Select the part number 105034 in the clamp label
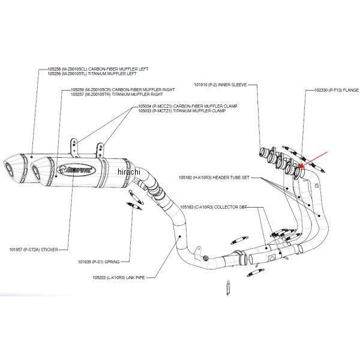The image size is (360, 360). tap(144, 106)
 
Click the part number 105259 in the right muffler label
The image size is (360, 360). tap(78, 89)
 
